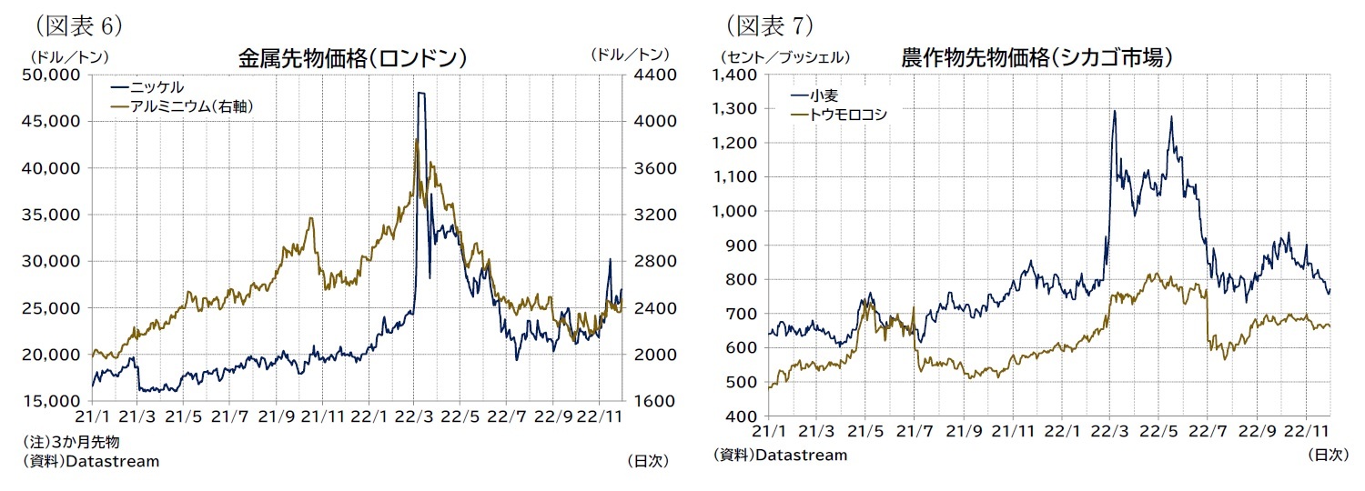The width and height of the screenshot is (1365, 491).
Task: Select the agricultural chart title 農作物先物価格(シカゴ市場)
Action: point(1036,58)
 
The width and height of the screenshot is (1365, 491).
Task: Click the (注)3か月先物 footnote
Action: point(72,442)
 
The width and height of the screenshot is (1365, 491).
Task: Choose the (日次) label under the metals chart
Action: point(648,461)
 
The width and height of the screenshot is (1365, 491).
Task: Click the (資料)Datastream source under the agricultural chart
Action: point(781,455)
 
